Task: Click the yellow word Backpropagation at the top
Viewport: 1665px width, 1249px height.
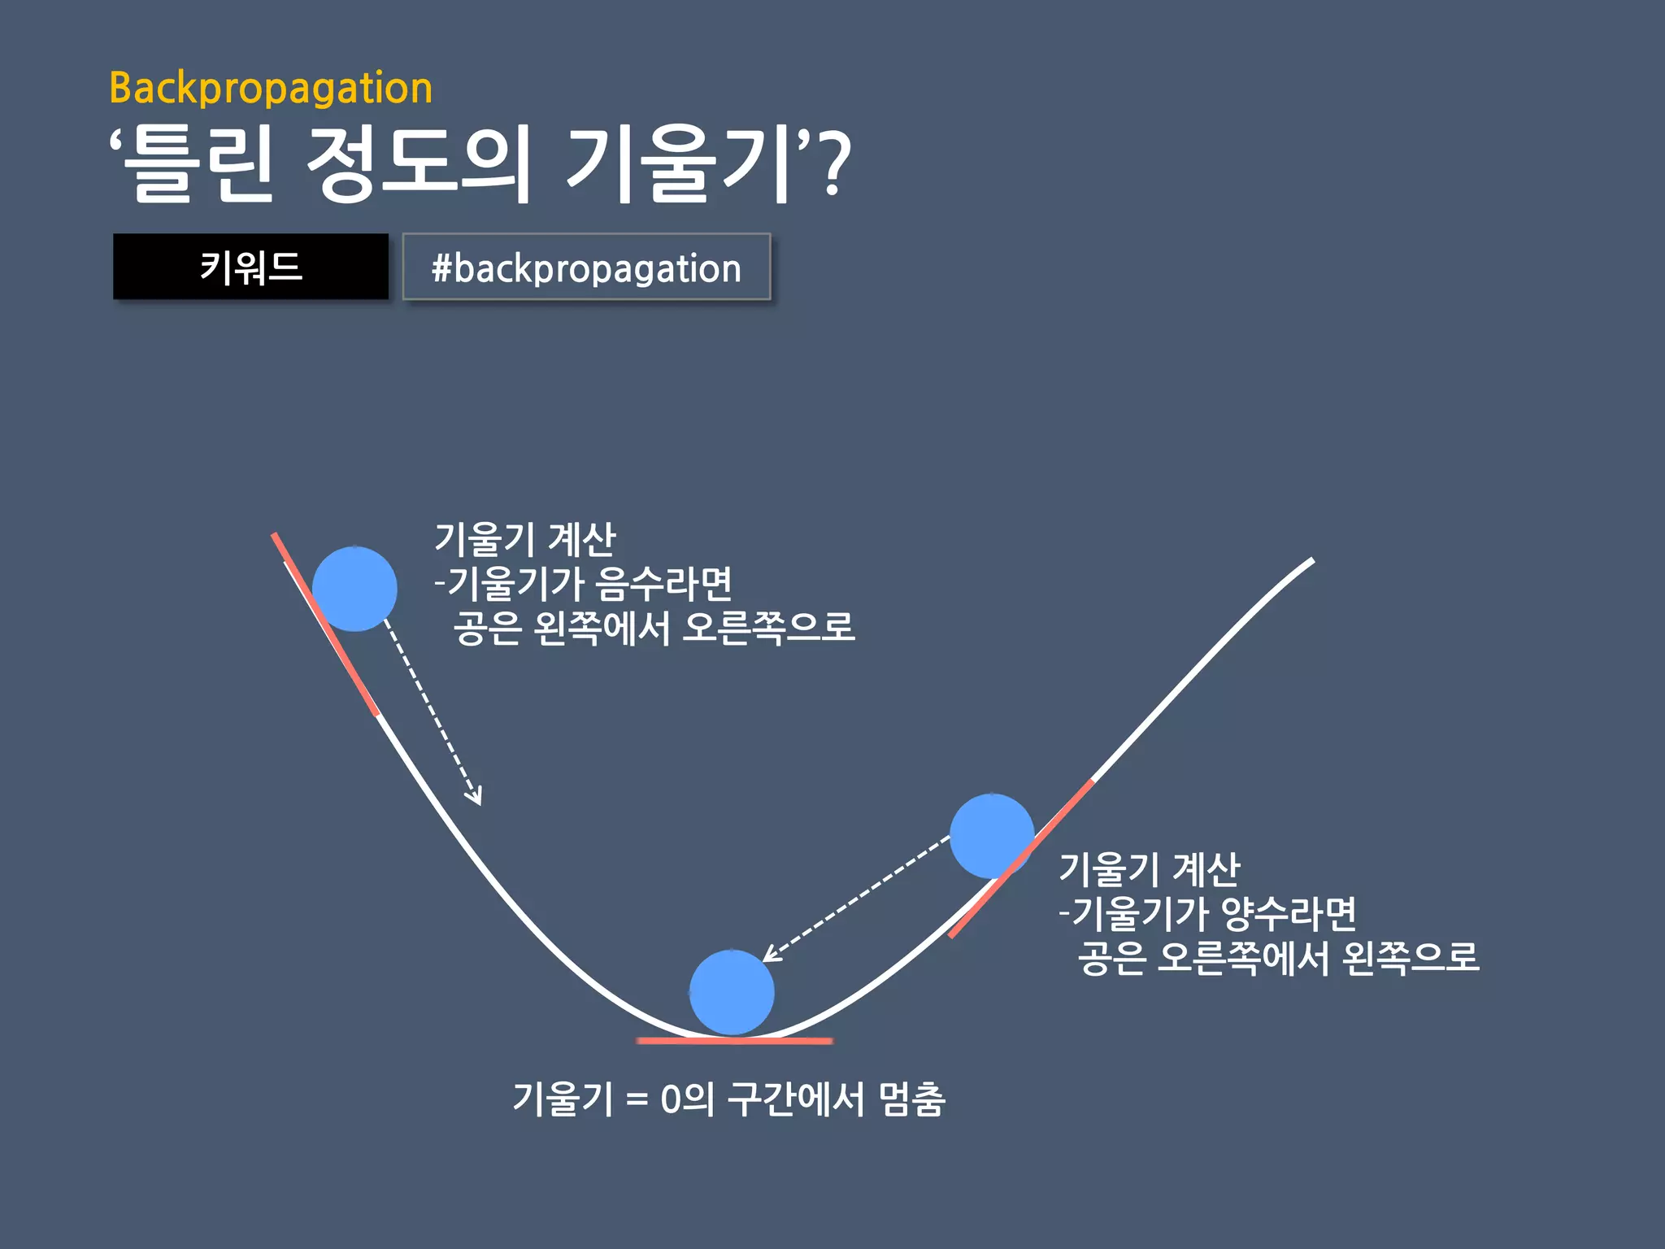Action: point(271,88)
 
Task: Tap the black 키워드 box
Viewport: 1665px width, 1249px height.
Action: point(250,267)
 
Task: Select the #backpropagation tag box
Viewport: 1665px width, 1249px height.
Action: point(586,268)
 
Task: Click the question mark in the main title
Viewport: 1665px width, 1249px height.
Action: point(832,165)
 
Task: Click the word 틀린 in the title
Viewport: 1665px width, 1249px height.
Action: point(198,165)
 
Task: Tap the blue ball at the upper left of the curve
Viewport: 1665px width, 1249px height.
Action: point(354,589)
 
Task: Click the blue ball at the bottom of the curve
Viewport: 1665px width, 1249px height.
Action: point(732,992)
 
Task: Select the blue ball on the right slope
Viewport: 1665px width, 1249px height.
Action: point(992,836)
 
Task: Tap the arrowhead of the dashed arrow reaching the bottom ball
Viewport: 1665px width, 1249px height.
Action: point(771,955)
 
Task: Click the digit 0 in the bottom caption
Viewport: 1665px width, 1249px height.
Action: point(670,1100)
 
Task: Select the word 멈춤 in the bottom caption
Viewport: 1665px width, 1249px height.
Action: point(912,1100)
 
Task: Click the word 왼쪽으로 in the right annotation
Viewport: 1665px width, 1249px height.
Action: point(1411,958)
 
